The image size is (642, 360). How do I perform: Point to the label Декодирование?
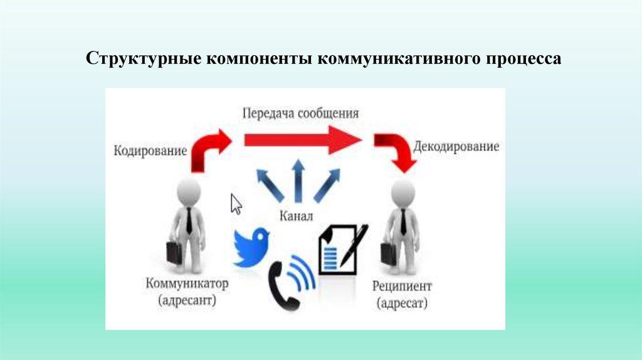tap(456, 147)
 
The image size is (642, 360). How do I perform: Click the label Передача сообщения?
tap(301, 114)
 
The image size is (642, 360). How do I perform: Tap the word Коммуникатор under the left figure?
tap(187, 283)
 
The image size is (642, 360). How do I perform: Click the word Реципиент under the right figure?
tap(402, 287)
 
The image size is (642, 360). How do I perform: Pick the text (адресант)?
tap(187, 301)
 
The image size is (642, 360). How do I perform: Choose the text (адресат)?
tap(402, 304)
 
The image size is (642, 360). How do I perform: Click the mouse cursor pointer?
tap(236, 204)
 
